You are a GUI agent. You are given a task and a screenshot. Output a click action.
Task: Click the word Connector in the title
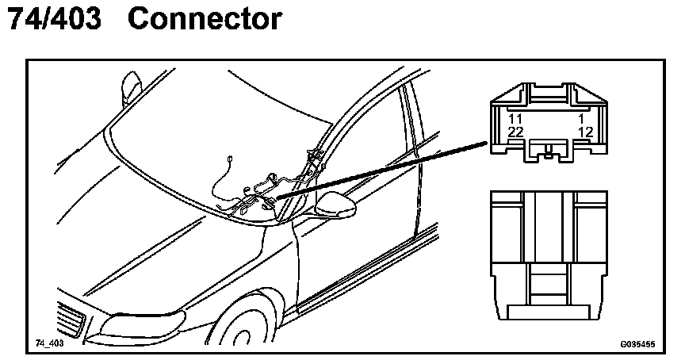[x=204, y=19]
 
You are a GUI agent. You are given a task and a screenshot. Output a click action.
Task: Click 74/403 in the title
[x=54, y=19]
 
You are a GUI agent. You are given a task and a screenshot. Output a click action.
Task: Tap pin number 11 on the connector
[x=515, y=118]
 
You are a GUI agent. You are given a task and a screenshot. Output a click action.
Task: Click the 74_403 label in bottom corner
[x=49, y=343]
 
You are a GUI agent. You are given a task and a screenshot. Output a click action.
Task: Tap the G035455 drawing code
[x=637, y=344]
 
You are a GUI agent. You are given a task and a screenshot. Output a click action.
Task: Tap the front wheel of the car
[x=254, y=329]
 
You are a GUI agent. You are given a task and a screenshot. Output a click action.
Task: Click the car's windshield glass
[x=222, y=135]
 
